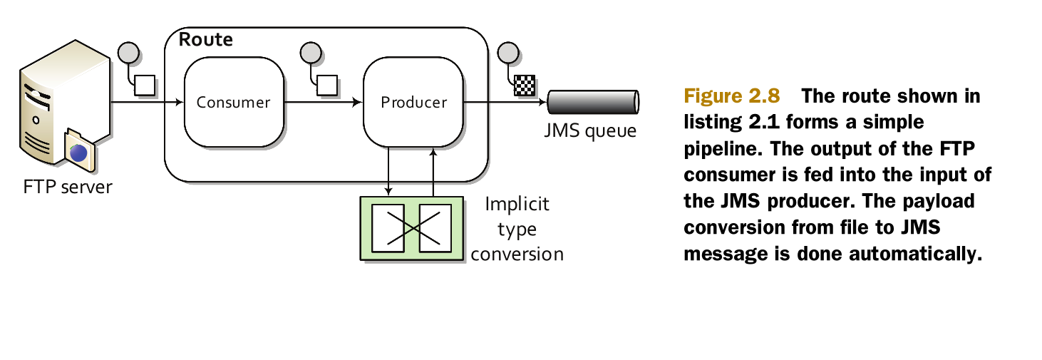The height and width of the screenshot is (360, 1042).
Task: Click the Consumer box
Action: [x=233, y=102]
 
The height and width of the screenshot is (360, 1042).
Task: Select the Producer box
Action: [x=413, y=102]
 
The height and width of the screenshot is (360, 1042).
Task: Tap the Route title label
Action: [x=205, y=39]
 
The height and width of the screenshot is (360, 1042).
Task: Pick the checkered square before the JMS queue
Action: [x=524, y=85]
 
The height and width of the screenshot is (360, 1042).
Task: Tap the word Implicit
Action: [x=517, y=205]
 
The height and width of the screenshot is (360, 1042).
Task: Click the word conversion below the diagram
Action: [x=517, y=254]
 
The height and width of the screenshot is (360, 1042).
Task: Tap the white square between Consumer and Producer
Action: [x=326, y=85]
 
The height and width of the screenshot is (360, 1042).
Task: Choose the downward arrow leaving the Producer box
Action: [x=388, y=171]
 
